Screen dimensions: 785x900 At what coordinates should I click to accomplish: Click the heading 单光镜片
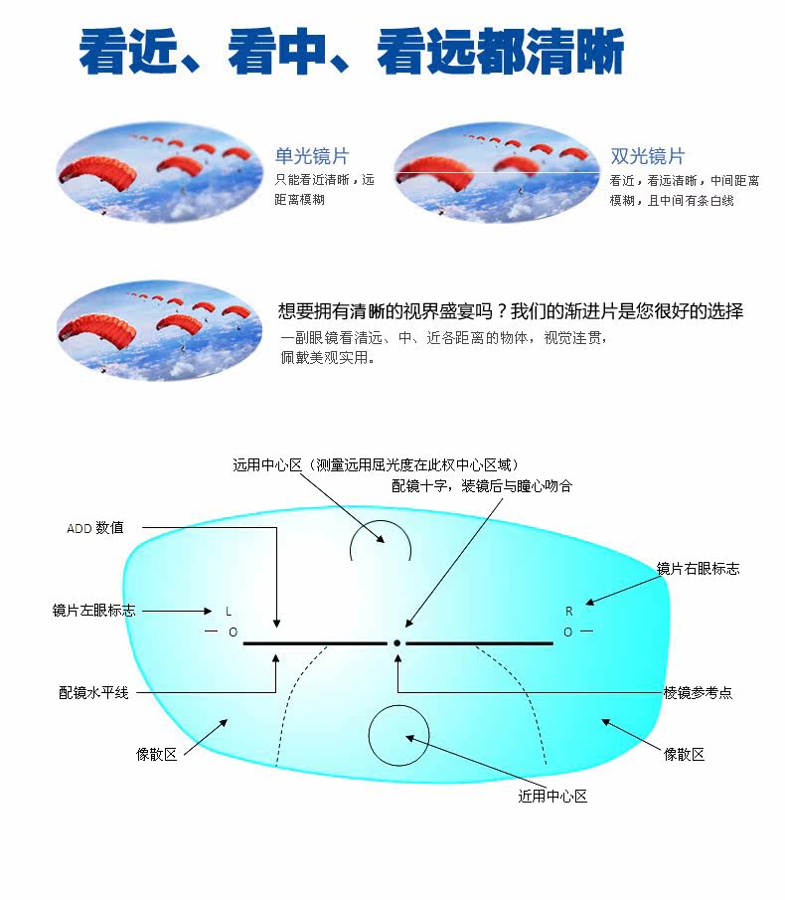coord(312,156)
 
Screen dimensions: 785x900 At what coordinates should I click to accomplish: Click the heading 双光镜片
coord(648,156)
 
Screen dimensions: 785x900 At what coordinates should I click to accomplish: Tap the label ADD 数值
coord(95,528)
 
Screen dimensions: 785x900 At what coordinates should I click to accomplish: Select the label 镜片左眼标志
coord(93,611)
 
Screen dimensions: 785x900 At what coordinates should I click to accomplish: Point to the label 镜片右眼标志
coord(698,569)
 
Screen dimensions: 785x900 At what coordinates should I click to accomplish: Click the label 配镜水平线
coord(93,692)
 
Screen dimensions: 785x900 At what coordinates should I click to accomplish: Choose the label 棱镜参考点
coord(698,693)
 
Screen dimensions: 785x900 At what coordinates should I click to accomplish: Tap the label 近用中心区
coord(552,797)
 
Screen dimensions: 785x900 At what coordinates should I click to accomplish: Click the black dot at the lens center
coord(396,643)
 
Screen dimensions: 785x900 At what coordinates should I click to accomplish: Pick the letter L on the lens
coord(228,611)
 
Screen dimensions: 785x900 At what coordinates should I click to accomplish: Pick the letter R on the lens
coord(569,611)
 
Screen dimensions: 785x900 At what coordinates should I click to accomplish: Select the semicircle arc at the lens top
coord(381,537)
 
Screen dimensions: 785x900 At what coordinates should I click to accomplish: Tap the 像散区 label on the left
coord(157,755)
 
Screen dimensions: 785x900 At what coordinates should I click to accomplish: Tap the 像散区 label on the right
coord(684,755)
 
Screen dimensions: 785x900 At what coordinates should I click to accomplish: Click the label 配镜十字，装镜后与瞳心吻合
coord(482,486)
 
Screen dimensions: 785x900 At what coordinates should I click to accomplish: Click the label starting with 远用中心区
coord(376,464)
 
